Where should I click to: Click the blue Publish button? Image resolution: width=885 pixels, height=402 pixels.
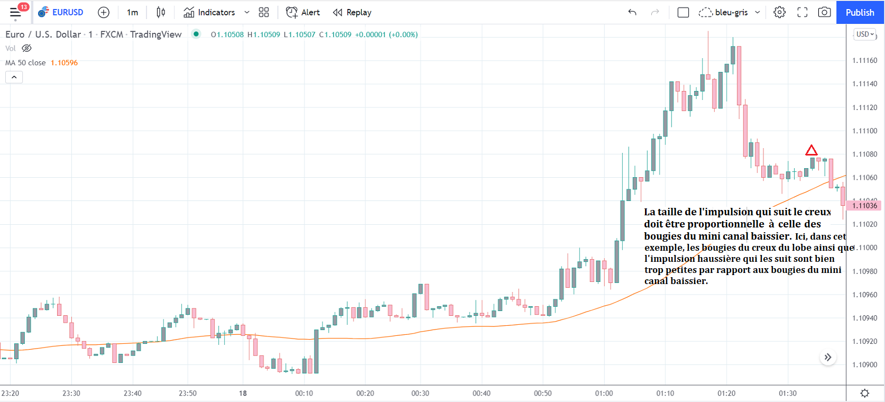(x=860, y=12)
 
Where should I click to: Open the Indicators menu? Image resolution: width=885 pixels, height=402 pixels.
(x=216, y=12)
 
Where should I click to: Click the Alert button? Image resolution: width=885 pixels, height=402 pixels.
(x=303, y=12)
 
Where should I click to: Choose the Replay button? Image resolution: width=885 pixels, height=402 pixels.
(x=352, y=12)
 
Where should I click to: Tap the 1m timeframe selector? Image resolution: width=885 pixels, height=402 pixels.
(x=132, y=12)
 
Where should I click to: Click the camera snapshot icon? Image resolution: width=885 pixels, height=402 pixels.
(x=824, y=12)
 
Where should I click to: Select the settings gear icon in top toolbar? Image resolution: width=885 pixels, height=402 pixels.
(x=779, y=12)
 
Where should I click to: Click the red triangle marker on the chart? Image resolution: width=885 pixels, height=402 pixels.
(x=811, y=151)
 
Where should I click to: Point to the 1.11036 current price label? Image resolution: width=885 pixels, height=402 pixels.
(x=864, y=206)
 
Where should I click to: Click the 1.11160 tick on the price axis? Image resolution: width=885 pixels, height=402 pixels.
(x=864, y=60)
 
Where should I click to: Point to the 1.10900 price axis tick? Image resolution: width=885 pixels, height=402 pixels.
(x=864, y=364)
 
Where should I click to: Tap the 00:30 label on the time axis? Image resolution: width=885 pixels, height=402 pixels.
(x=420, y=393)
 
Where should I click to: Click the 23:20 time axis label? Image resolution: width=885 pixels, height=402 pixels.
(x=10, y=393)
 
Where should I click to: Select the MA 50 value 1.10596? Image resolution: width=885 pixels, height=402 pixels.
(x=64, y=62)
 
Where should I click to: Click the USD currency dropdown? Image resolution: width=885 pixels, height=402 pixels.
(x=865, y=34)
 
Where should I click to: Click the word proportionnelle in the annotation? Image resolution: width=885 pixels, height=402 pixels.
(x=730, y=224)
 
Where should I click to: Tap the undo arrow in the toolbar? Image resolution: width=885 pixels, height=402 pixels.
(x=632, y=12)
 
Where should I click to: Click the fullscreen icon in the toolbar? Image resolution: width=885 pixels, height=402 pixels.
(x=802, y=12)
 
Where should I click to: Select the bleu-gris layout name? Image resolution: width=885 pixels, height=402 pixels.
(x=731, y=12)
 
